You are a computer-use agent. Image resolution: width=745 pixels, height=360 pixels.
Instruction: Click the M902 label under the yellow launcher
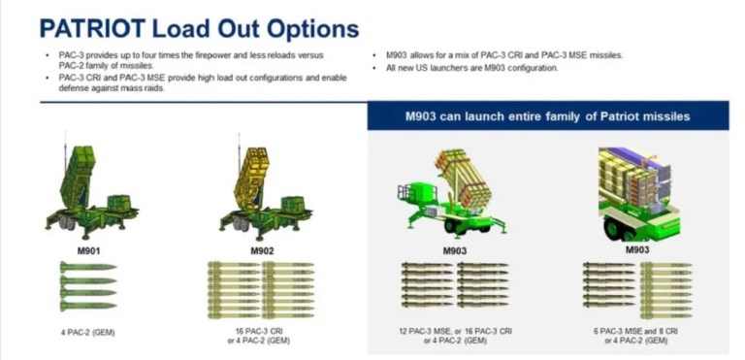point(263,250)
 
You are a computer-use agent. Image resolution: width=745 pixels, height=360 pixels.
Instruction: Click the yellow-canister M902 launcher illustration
point(262,190)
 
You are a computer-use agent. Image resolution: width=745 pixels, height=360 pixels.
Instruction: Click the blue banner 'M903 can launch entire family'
point(547,116)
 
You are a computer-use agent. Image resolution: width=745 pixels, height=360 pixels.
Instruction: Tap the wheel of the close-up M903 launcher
point(615,229)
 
